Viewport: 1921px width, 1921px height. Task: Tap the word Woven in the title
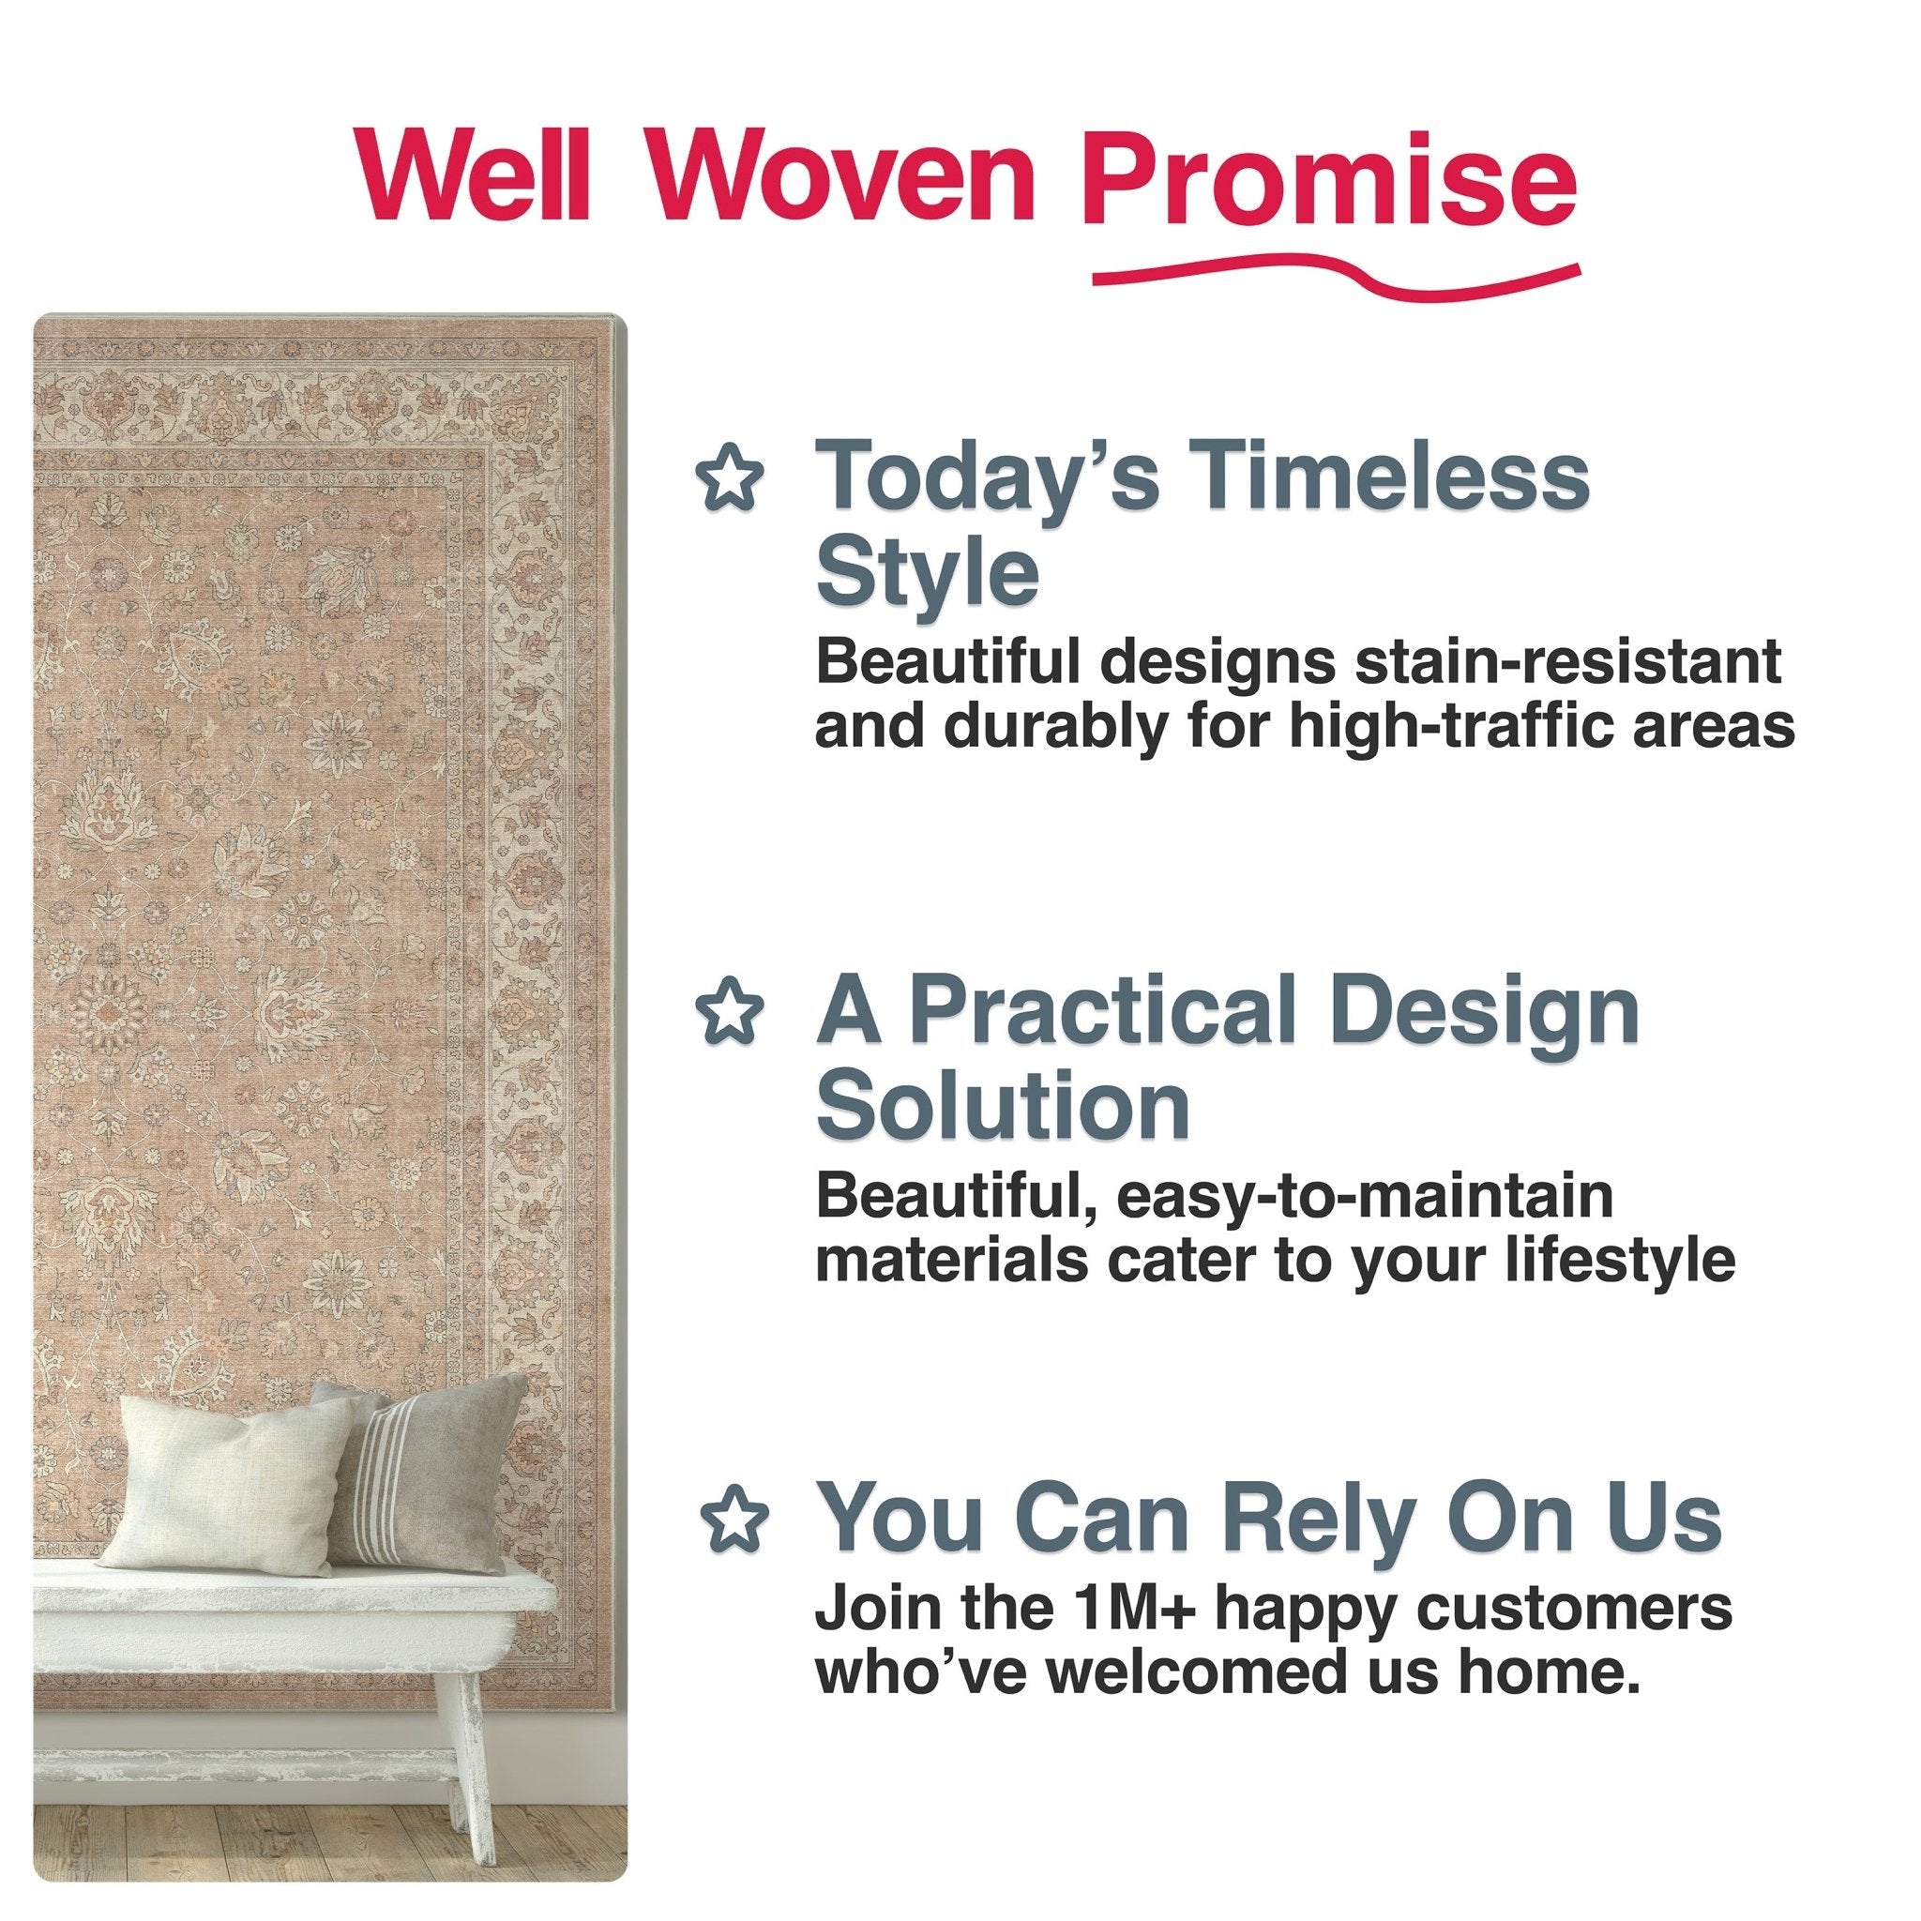point(843,176)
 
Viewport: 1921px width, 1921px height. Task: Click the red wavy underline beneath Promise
point(1335,276)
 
